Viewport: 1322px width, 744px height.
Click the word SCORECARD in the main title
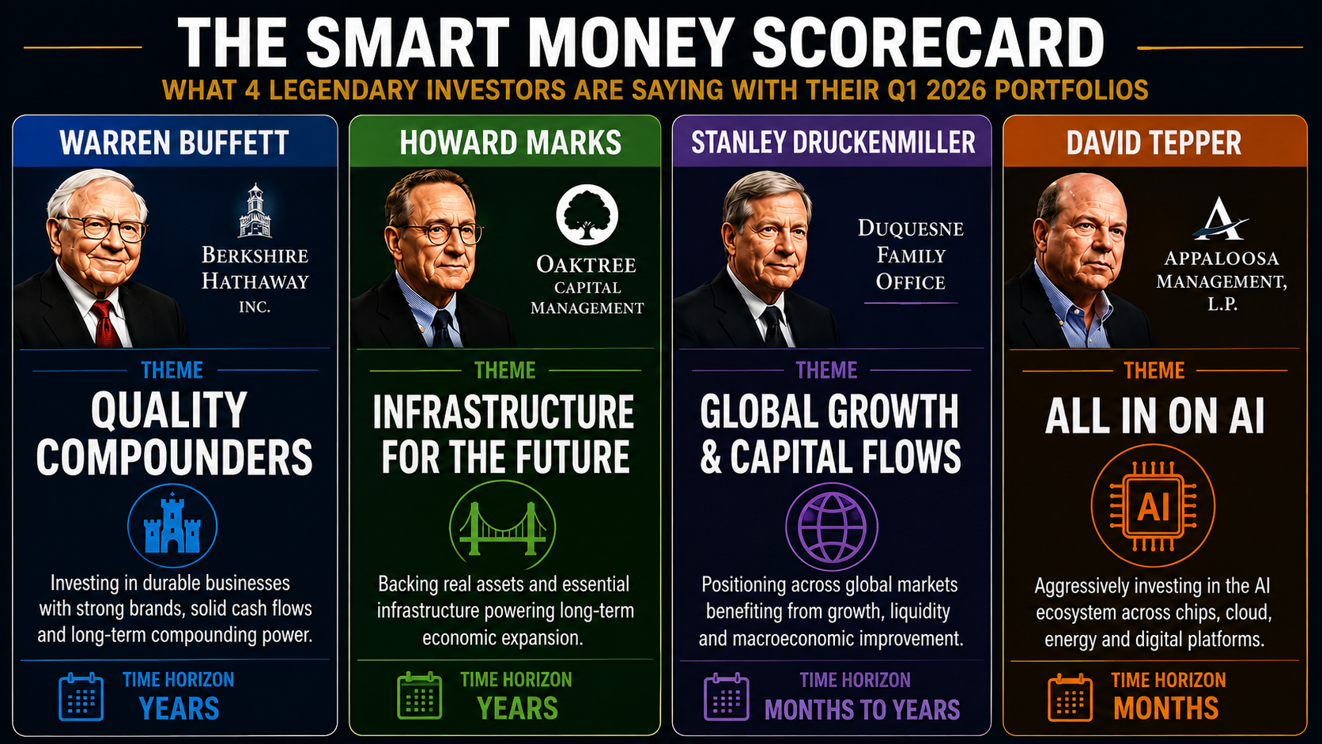coord(928,43)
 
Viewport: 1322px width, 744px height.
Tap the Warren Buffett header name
coord(174,143)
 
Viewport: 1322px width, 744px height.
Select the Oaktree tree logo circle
coord(587,215)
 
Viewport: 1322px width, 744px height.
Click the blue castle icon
coord(172,525)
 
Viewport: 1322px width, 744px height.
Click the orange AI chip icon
coord(1154,506)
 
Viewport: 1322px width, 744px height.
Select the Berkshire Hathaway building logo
coord(255,210)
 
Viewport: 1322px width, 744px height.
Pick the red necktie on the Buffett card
coord(106,324)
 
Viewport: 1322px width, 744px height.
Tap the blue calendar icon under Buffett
coord(81,697)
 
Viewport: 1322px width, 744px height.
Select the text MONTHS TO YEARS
coord(863,710)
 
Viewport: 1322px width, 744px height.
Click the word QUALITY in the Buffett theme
coord(169,410)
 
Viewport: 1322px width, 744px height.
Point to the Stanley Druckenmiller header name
coord(833,143)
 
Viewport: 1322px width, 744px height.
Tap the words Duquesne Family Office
coord(911,255)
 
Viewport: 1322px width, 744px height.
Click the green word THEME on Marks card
coord(505,371)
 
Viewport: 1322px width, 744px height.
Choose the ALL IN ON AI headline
coord(1154,417)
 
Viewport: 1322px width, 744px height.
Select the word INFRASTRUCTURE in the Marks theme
coord(504,412)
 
